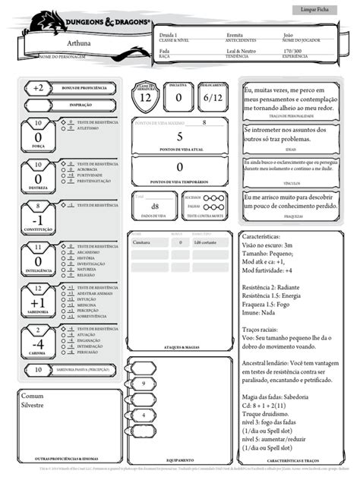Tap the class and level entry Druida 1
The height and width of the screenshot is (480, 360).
(x=169, y=35)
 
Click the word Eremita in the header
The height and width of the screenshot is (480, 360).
(x=235, y=35)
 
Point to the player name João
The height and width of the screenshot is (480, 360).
(x=288, y=35)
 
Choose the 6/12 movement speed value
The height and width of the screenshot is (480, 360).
(x=212, y=97)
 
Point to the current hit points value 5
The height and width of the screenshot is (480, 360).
(x=179, y=137)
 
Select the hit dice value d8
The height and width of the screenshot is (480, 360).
(x=154, y=206)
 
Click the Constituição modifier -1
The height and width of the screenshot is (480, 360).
(x=37, y=219)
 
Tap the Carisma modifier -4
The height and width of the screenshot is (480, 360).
(x=37, y=343)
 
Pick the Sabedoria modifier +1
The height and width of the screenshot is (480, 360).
(x=37, y=302)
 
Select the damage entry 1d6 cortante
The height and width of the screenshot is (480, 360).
(x=207, y=242)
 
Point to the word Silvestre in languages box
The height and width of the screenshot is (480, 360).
(x=33, y=407)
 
